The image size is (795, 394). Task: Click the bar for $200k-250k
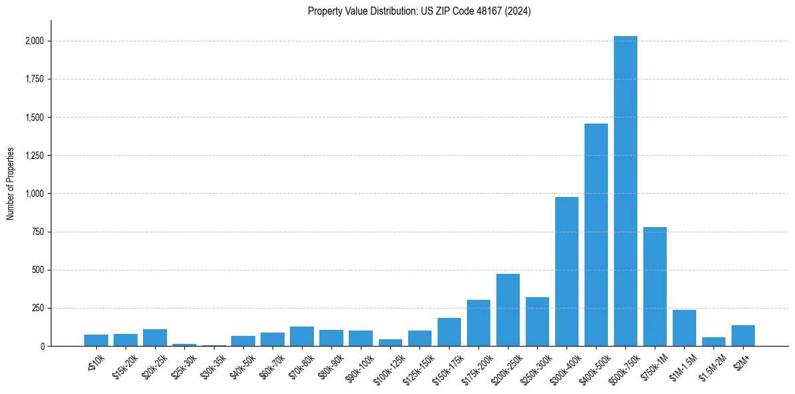coord(508,310)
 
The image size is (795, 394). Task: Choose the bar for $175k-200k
coord(478,323)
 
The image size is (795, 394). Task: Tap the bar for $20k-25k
coord(155,338)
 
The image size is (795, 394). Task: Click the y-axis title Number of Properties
coord(10,184)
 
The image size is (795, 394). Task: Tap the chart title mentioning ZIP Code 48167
coord(420,11)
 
